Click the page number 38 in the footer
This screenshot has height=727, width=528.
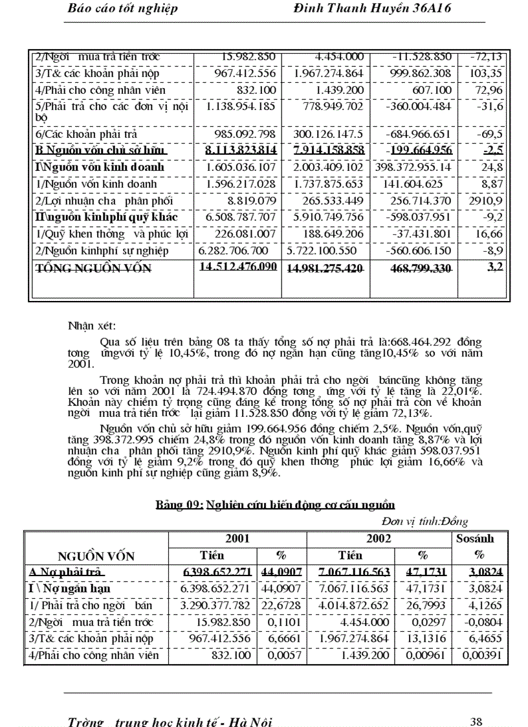(476, 721)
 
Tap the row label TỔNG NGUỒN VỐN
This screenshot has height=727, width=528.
(92, 269)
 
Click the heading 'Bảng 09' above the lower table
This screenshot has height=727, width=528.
(276, 504)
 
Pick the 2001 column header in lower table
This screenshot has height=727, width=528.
(237, 538)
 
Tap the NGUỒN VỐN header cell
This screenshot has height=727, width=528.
(96, 555)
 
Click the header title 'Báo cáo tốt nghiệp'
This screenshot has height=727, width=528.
(122, 8)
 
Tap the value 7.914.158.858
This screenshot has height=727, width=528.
(328, 150)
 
